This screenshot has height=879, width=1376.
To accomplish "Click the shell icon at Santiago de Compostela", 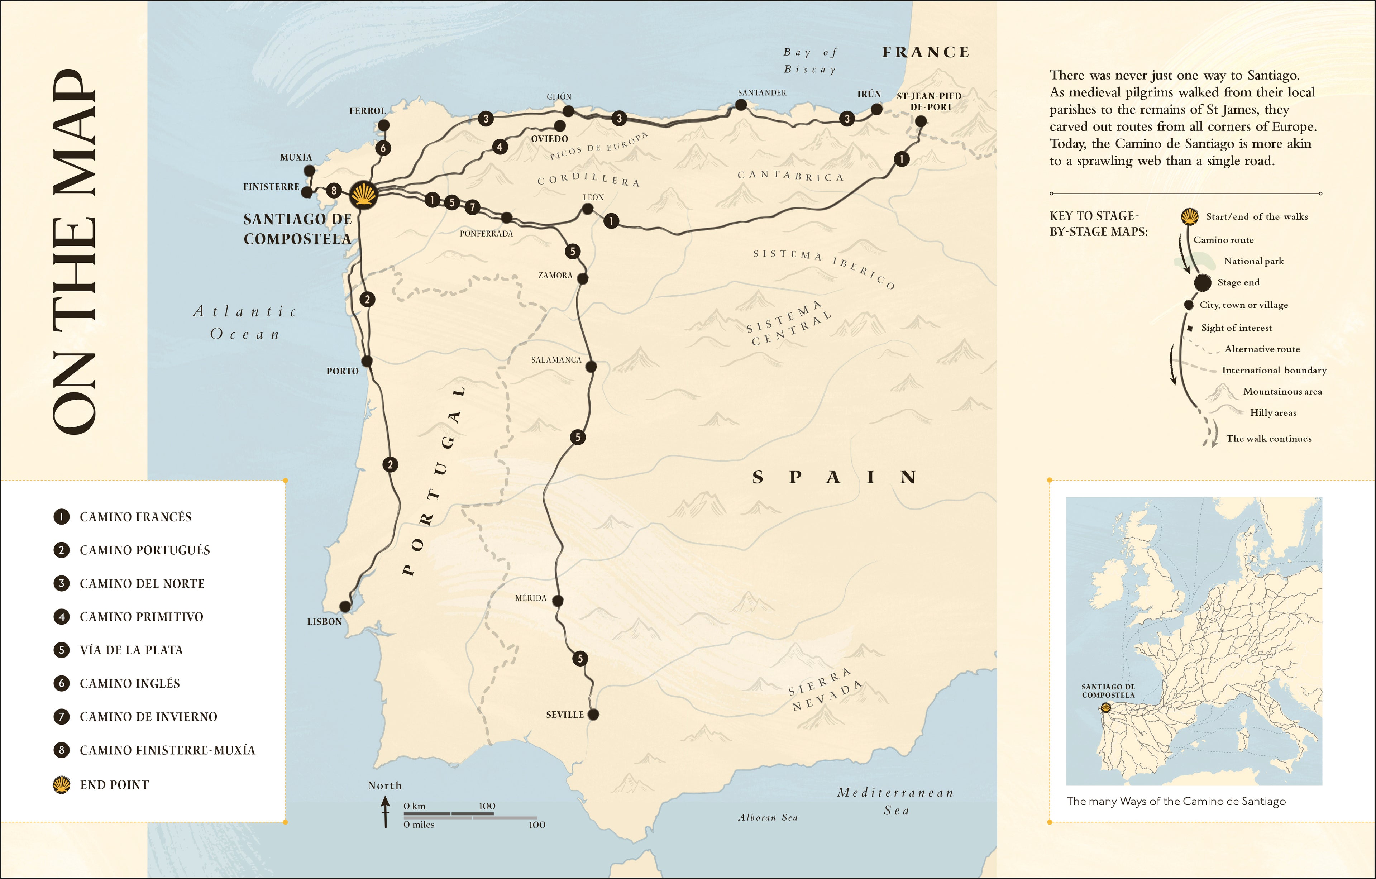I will (x=363, y=195).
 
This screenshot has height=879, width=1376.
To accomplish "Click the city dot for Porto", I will (x=367, y=361).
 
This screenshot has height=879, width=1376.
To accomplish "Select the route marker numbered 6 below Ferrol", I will (x=383, y=148).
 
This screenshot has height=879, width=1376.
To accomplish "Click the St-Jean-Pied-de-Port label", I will (x=931, y=101).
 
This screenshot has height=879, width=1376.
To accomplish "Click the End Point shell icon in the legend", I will (x=62, y=784).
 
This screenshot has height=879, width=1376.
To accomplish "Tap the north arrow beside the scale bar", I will (x=386, y=812).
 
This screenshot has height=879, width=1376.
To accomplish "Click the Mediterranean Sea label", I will (x=895, y=801).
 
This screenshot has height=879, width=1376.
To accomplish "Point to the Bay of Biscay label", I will (x=810, y=61).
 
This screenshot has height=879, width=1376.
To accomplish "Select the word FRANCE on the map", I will (x=925, y=52).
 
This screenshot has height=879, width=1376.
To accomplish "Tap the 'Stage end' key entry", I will (x=1238, y=282).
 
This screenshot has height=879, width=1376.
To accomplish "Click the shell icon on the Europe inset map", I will (x=1105, y=708).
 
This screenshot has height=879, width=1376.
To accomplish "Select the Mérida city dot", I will (x=558, y=601).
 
